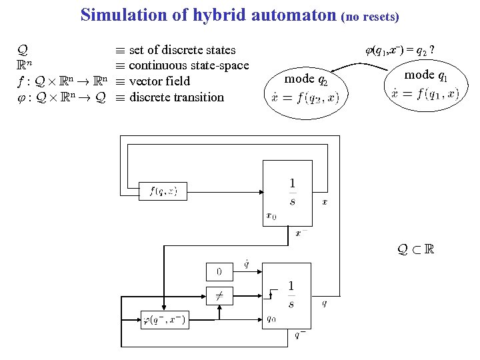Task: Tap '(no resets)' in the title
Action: tap(370, 16)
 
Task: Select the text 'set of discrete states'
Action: tap(182, 49)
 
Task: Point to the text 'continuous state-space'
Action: tap(189, 65)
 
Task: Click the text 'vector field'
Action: tap(159, 81)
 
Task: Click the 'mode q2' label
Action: tap(306, 79)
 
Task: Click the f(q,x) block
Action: tap(163, 191)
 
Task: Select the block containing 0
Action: tap(219, 271)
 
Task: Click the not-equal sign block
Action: tap(219, 294)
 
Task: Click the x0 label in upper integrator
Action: tap(271, 215)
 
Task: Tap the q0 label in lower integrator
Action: tap(272, 318)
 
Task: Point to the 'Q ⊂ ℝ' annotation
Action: tap(415, 250)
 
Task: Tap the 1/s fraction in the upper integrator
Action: tap(293, 192)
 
